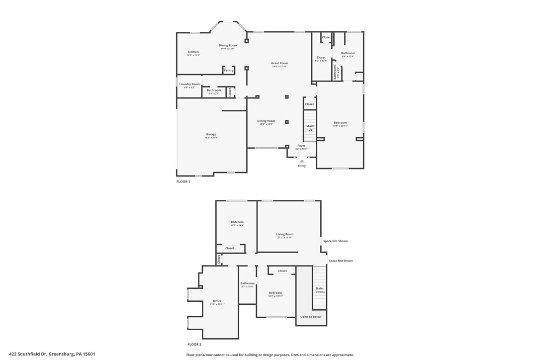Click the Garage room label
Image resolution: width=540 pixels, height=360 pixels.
pyautogui.click(x=211, y=134)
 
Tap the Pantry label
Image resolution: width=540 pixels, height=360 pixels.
pyautogui.click(x=229, y=71)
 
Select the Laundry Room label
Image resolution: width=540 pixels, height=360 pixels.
pyautogui.click(x=189, y=84)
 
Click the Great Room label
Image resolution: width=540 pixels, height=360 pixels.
pyautogui.click(x=279, y=63)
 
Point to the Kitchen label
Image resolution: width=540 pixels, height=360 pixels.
pyautogui.click(x=193, y=52)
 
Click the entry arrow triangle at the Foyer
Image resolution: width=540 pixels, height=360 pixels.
pyautogui.click(x=302, y=161)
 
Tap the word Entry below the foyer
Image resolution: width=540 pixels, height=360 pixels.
pyautogui.click(x=302, y=166)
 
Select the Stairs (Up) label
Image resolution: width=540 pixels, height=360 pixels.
pyautogui.click(x=310, y=128)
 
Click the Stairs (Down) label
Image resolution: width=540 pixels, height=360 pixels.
pyautogui.click(x=319, y=290)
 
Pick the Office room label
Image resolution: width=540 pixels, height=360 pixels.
pyautogui.click(x=217, y=301)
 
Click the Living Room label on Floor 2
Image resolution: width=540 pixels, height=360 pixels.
pyautogui.click(x=285, y=234)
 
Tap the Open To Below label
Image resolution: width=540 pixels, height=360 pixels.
pyautogui.click(x=311, y=317)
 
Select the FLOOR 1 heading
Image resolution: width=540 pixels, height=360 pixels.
pyautogui.click(x=183, y=181)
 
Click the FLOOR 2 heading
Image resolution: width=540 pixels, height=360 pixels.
pyautogui.click(x=194, y=344)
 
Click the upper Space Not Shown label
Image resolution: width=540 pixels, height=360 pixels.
pyautogui.click(x=335, y=241)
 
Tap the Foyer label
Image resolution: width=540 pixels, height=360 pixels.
pyautogui.click(x=301, y=146)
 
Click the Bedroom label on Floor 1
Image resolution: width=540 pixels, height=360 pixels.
pyautogui.click(x=340, y=123)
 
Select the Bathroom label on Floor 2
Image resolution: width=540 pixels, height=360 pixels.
pyautogui.click(x=247, y=283)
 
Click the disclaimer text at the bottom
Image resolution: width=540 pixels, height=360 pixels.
pyautogui.click(x=270, y=355)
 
